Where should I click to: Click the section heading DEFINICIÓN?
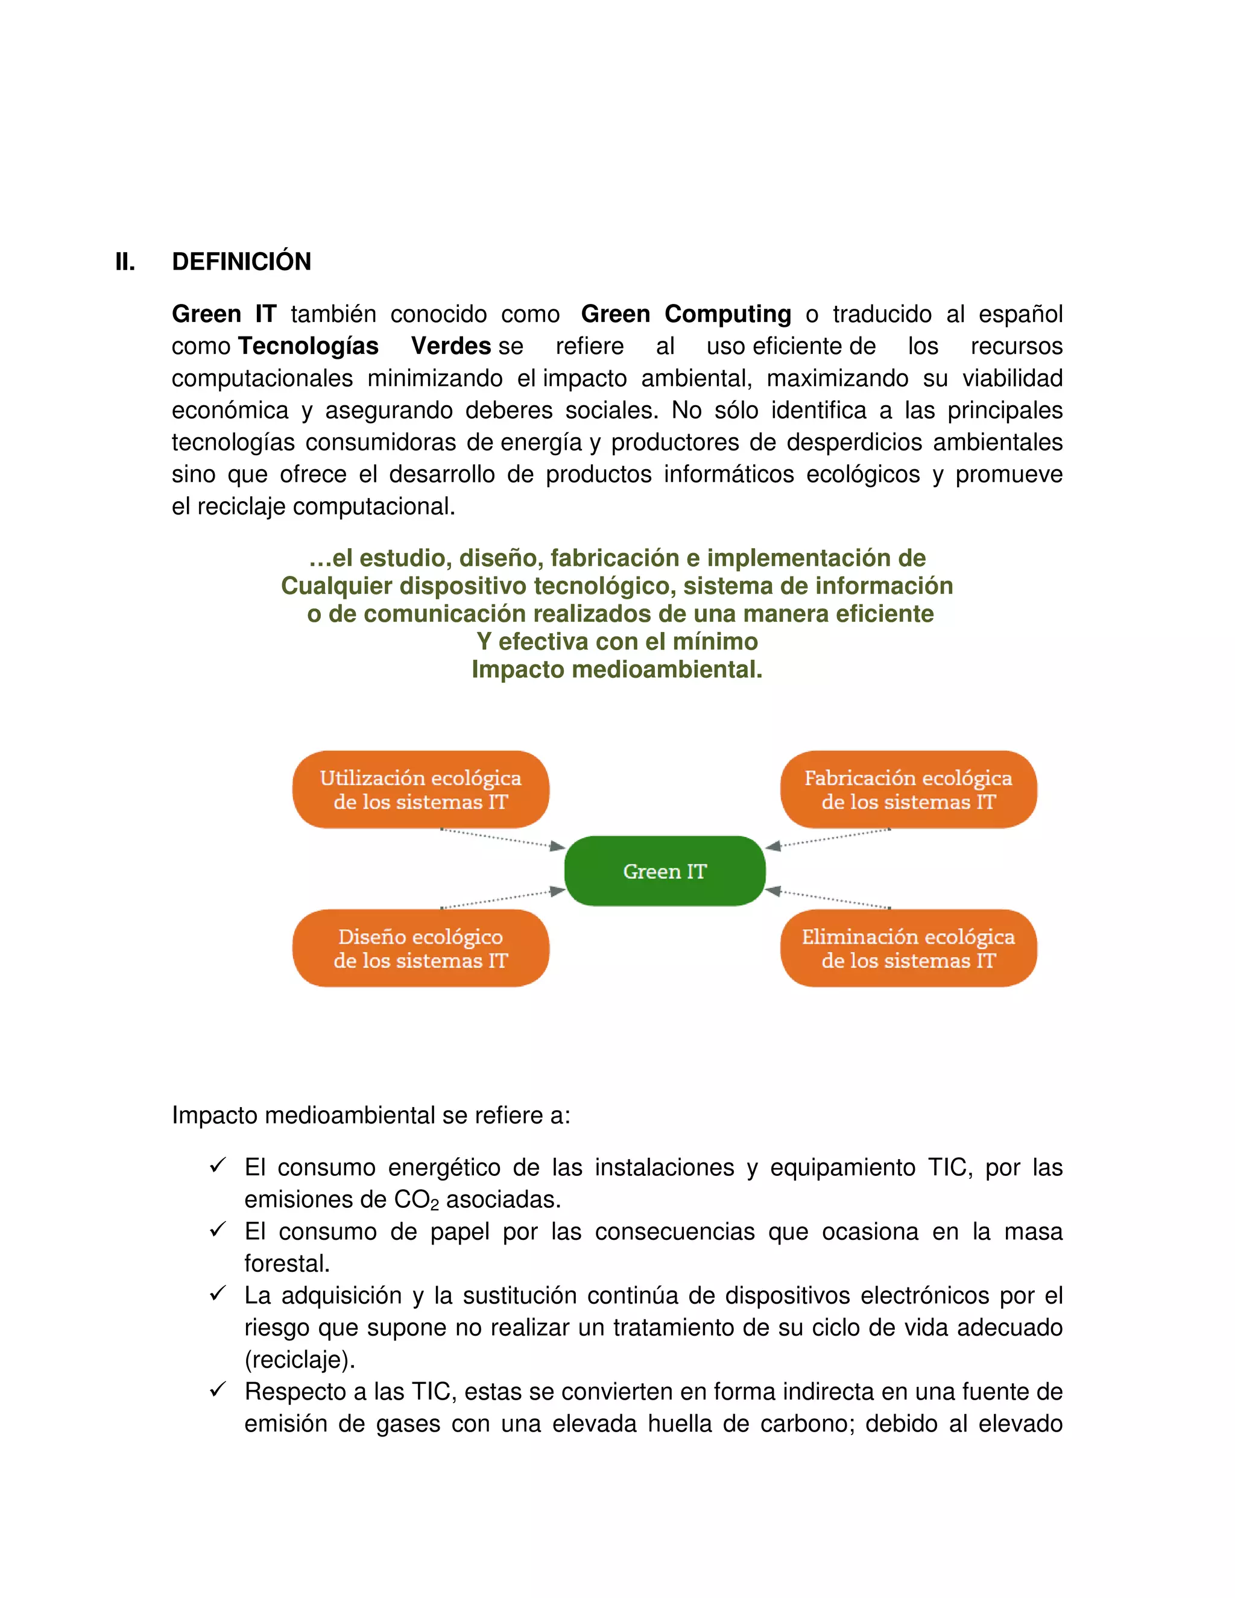(x=241, y=261)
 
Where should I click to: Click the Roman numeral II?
(x=125, y=261)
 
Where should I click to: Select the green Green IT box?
(x=665, y=871)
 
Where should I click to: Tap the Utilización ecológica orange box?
(x=421, y=789)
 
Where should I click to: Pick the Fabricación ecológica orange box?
(x=908, y=789)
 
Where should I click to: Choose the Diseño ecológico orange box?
(x=421, y=949)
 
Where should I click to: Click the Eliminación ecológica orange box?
(x=908, y=949)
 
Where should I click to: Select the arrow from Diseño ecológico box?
(x=503, y=899)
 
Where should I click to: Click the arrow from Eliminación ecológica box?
(x=827, y=899)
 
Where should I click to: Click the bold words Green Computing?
(x=686, y=314)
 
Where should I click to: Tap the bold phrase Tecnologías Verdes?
(x=364, y=346)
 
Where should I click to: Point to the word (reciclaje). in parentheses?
(x=299, y=1359)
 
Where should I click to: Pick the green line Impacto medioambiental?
(x=617, y=669)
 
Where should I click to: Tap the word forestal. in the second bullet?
(x=287, y=1263)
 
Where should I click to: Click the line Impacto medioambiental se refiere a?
(x=370, y=1115)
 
